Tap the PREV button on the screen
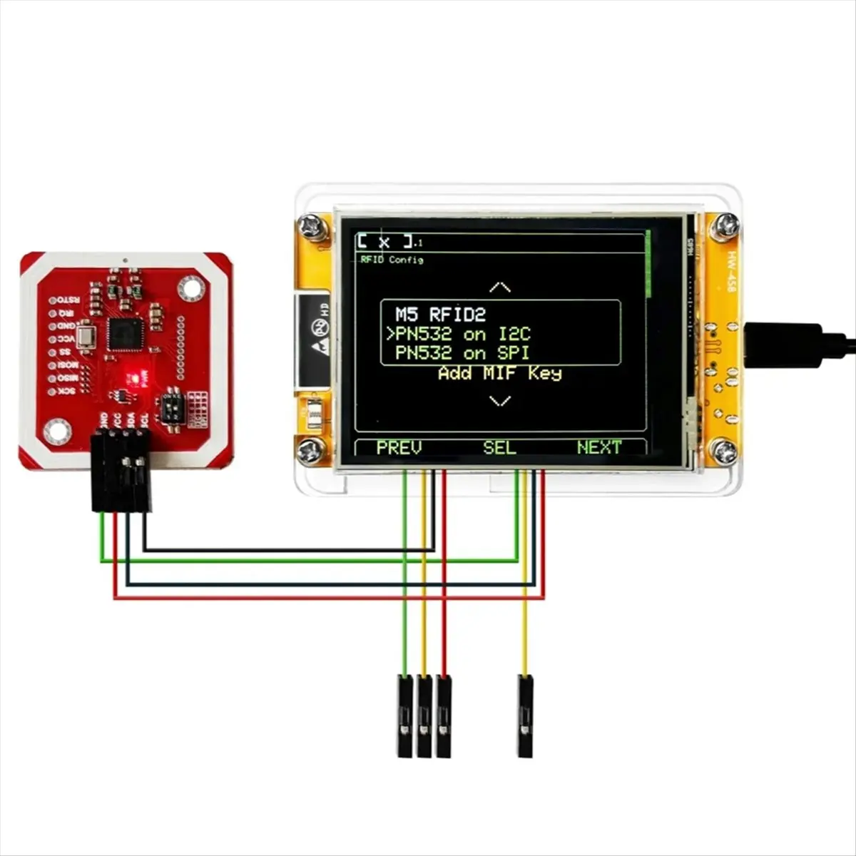(399, 448)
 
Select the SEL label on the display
(499, 448)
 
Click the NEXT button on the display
(599, 448)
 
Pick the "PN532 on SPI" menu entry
(462, 353)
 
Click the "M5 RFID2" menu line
(440, 315)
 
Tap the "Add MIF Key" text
(499, 373)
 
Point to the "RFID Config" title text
(392, 260)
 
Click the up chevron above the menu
(500, 287)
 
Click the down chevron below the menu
(500, 402)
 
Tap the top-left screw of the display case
(312, 226)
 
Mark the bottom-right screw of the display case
(725, 451)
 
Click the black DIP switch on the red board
(172, 407)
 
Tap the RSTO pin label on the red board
(68, 300)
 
